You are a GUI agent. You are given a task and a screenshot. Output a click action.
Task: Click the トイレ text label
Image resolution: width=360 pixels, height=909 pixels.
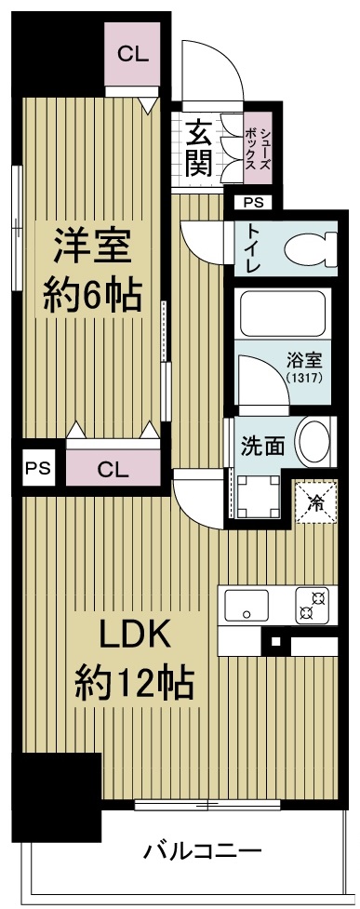tap(253, 248)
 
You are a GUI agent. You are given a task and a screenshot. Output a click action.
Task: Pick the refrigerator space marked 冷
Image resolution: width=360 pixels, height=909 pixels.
tap(316, 504)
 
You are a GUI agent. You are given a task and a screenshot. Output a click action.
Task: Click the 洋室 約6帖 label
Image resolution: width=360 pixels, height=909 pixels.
tap(92, 270)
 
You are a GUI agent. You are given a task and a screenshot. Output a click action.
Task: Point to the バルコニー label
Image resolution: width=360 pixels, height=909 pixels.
tap(203, 849)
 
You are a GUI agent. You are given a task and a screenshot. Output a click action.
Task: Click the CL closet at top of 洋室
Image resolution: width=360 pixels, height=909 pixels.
tap(132, 54)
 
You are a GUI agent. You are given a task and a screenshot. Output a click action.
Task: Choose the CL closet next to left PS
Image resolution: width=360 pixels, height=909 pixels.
tap(112, 468)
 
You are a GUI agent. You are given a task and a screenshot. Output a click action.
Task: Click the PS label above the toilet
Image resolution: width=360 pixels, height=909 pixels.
tap(253, 202)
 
